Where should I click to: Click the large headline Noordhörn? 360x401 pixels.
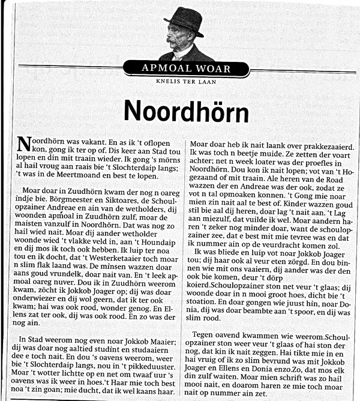pos(178,110)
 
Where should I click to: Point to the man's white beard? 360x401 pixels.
pos(178,49)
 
